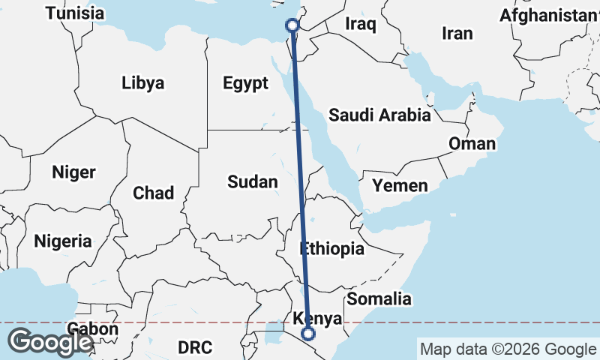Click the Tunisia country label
pos(74,13)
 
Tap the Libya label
pos(142,82)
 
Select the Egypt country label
pos(245,83)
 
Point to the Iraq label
pos(359,24)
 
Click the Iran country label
pos(457,33)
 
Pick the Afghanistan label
pos(548,15)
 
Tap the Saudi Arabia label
pos(379,115)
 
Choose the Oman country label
pos(472,143)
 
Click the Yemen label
pos(400,185)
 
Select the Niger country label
pos(73,172)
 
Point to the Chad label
pos(153,193)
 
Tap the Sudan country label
pos(253,181)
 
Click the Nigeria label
pos(63,241)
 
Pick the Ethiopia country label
pos(331,248)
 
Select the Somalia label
pos(379,298)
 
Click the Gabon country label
pos(92,328)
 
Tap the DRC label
pos(195,347)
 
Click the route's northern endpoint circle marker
pos(292,25)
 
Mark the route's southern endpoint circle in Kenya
pos(307,334)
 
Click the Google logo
pos(50,343)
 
